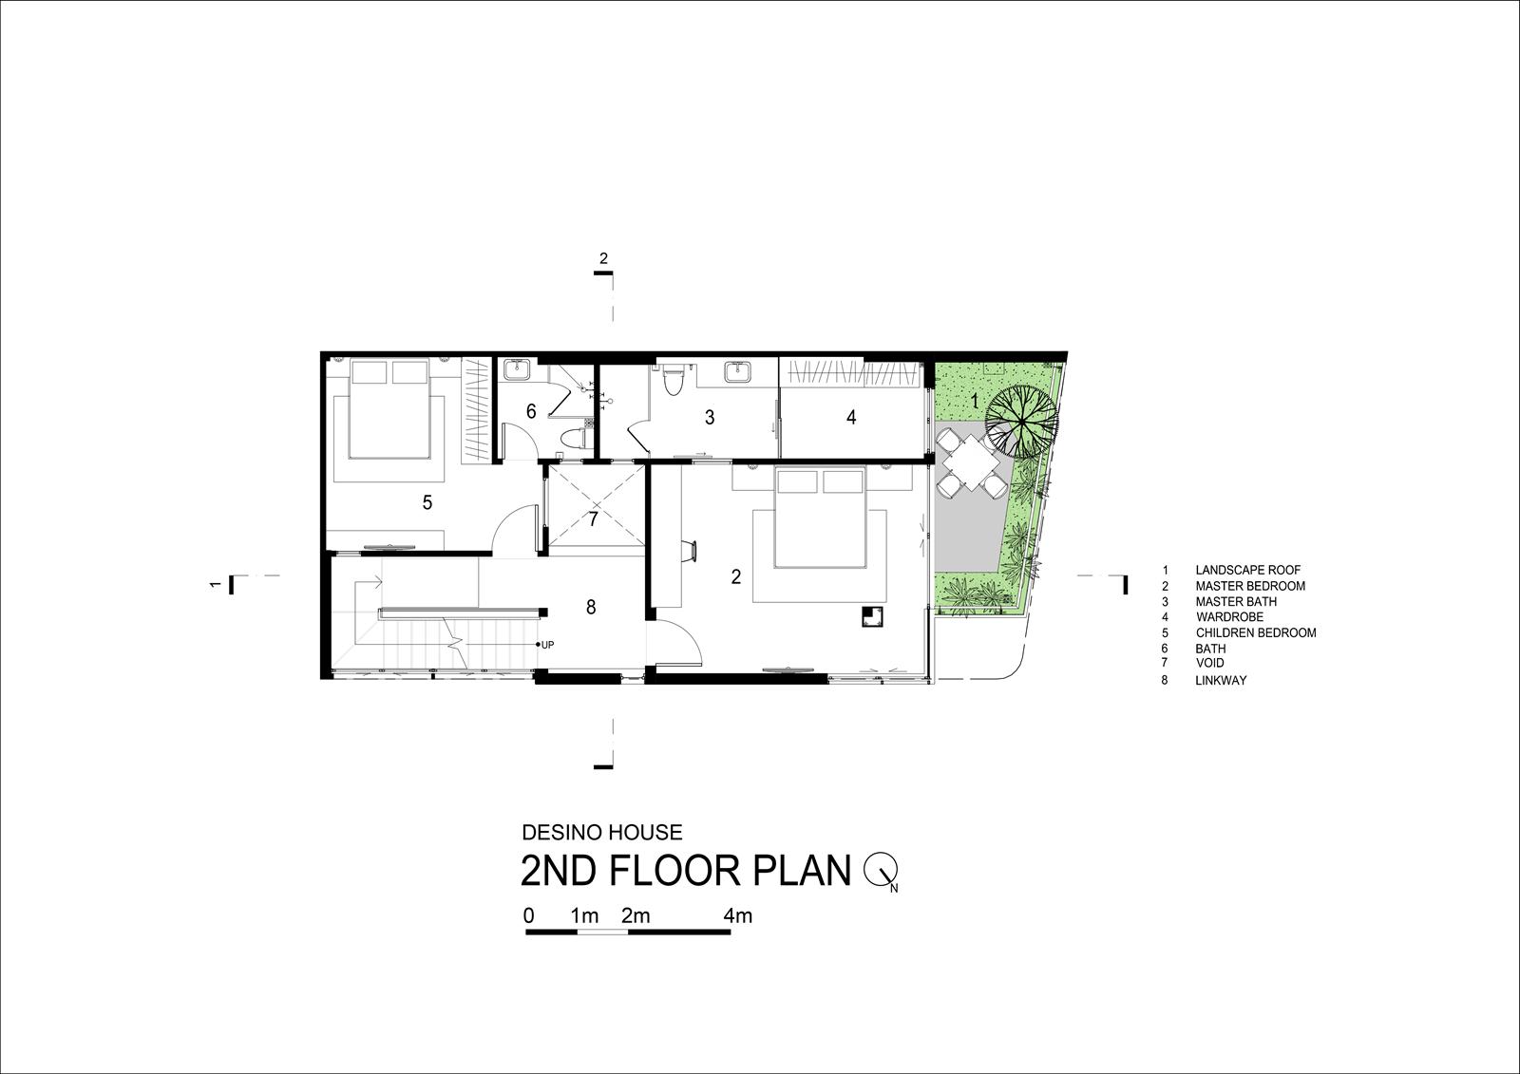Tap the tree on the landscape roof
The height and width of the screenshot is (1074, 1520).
click(x=1022, y=424)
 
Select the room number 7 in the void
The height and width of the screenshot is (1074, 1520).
click(x=594, y=519)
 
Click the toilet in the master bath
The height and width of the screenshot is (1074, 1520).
click(x=674, y=381)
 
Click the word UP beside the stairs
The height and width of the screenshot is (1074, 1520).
click(x=547, y=645)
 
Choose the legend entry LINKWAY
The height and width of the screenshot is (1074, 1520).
click(x=1221, y=681)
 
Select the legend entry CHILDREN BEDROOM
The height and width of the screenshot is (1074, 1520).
click(x=1256, y=633)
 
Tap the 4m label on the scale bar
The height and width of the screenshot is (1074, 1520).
click(x=737, y=916)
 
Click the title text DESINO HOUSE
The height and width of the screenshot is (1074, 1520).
click(x=602, y=833)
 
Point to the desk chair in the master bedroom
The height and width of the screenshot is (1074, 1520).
click(x=690, y=551)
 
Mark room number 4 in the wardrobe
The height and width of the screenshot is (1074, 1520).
click(x=851, y=417)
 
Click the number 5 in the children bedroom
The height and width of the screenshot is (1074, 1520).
click(x=427, y=502)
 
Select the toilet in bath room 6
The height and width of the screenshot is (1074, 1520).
click(x=578, y=439)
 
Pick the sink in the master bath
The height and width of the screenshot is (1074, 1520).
click(x=736, y=372)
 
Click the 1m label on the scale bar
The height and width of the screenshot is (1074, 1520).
click(x=584, y=916)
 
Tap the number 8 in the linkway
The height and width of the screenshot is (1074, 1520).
click(x=591, y=607)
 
